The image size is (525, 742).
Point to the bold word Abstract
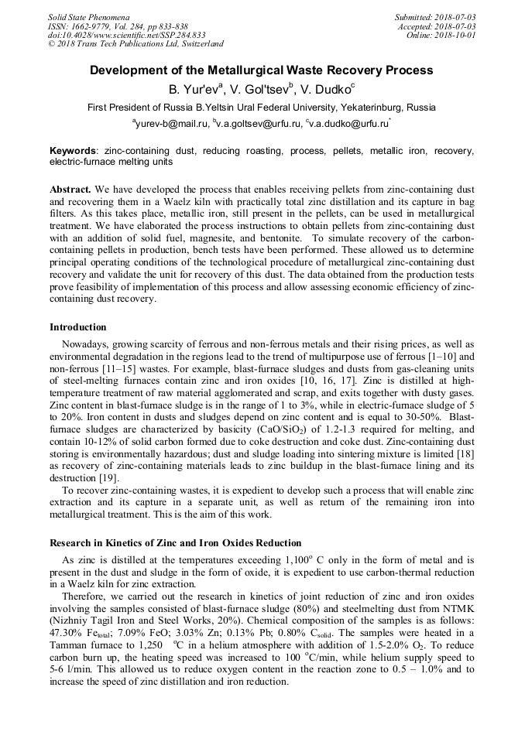(71, 189)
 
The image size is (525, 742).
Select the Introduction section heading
(78, 327)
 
